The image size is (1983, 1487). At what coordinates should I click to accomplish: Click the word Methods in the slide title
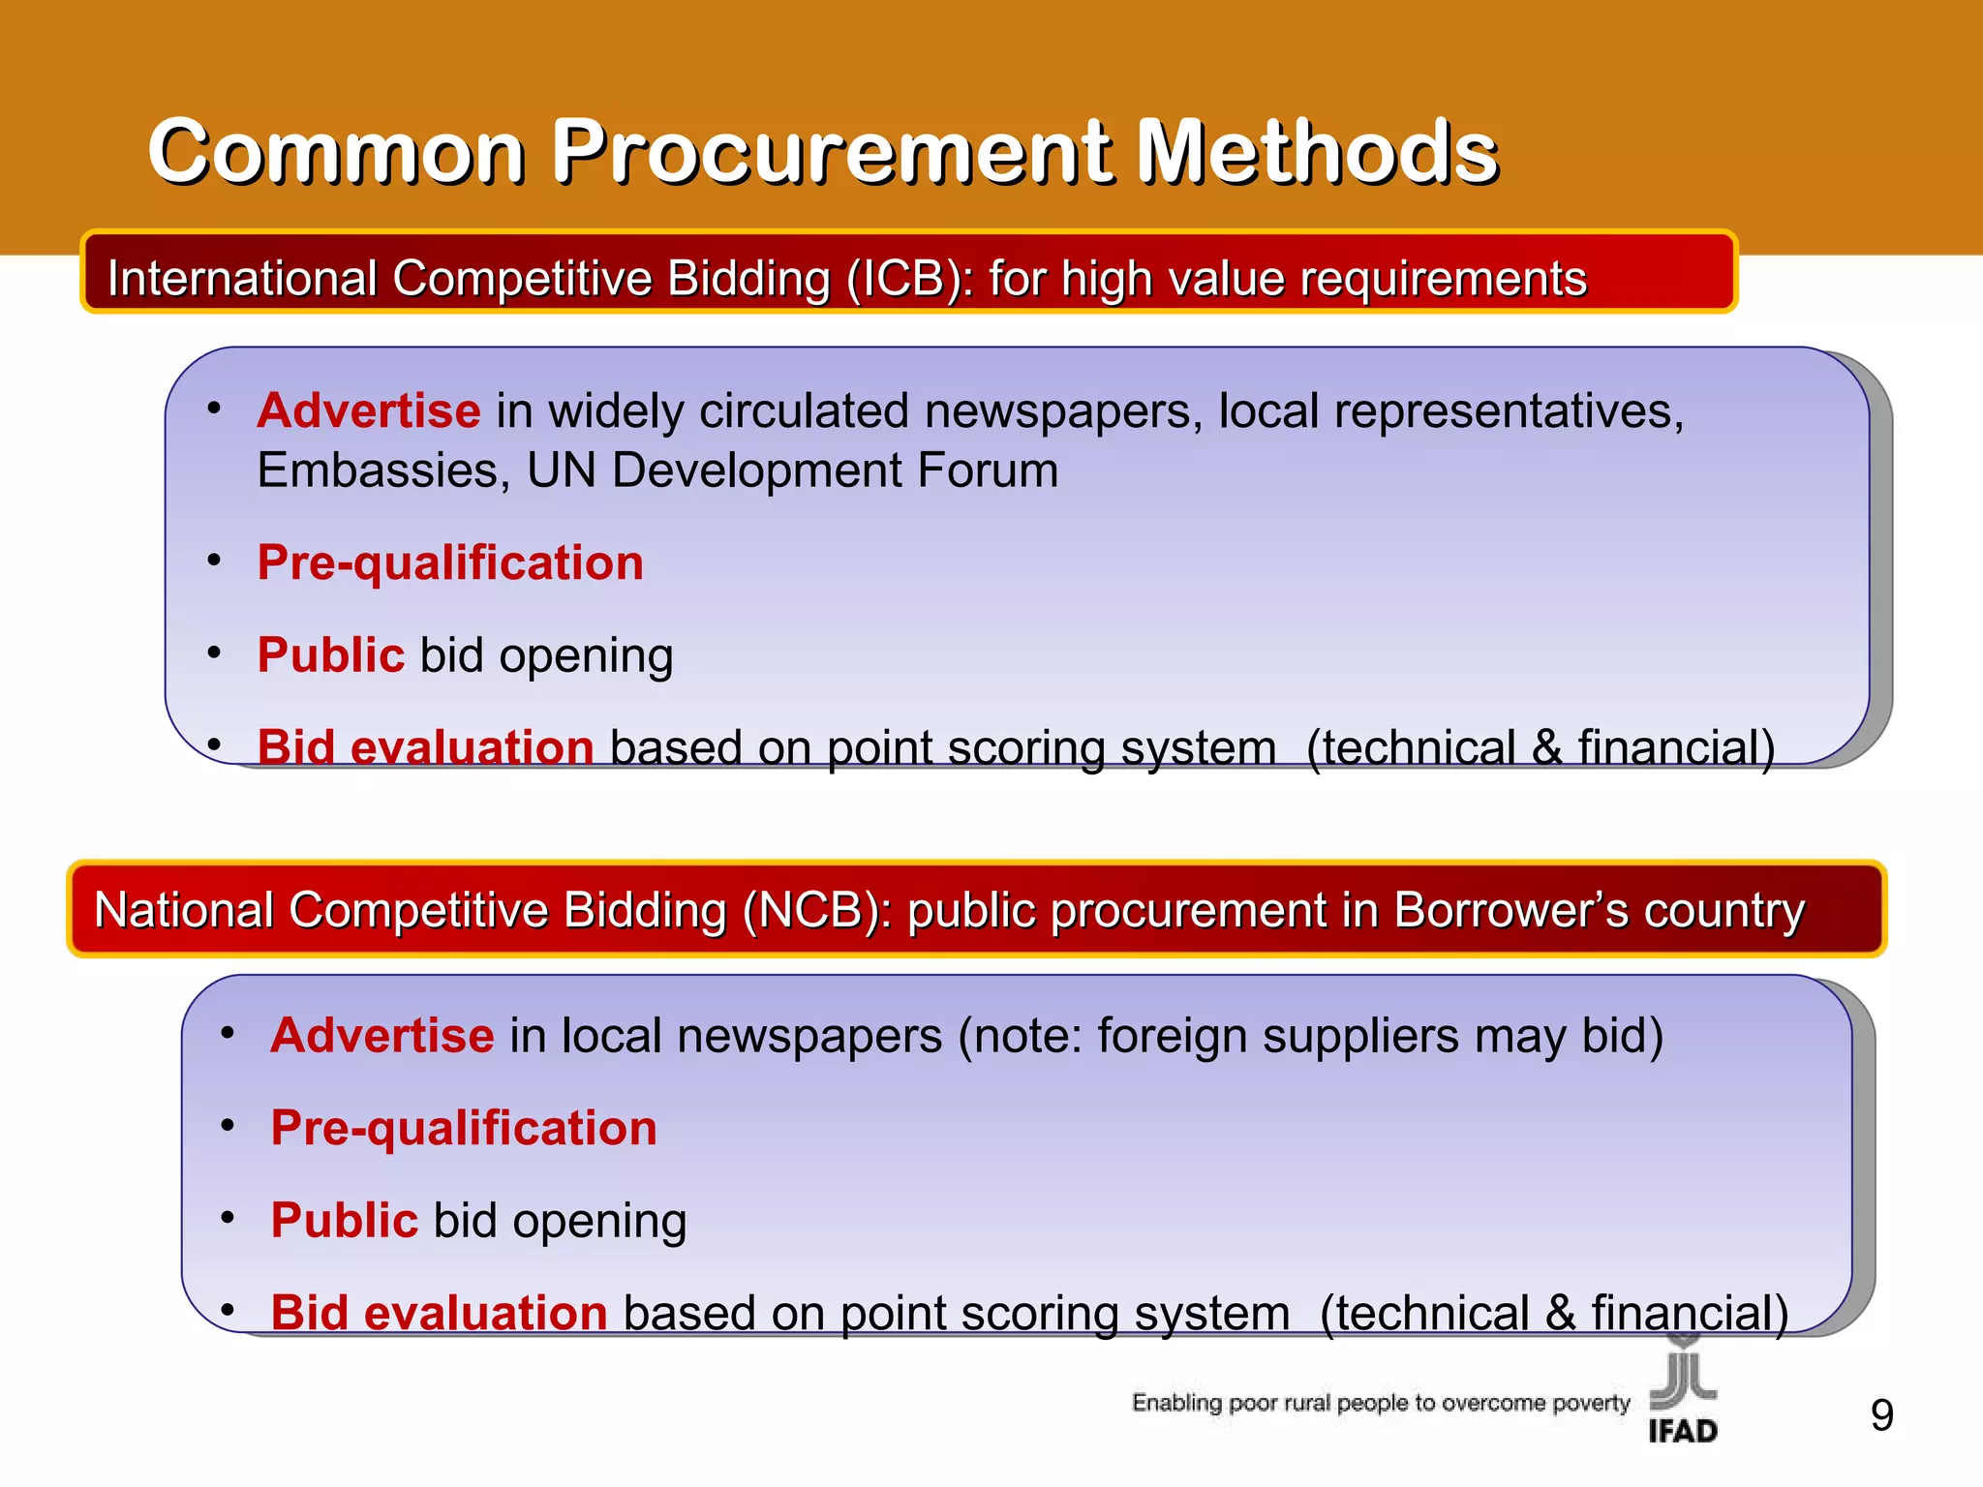1317,152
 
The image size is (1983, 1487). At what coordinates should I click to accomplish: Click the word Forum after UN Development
988,471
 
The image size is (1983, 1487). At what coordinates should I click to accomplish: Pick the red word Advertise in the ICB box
369,411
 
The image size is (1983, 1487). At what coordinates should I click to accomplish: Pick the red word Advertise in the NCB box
382,1036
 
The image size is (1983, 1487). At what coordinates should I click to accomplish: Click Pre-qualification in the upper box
450,563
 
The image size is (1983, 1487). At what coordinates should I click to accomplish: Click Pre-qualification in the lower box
464,1129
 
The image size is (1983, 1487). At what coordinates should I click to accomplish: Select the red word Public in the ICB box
330,655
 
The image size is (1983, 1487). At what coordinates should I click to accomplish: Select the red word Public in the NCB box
344,1221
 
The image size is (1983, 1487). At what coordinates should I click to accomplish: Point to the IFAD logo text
1683,1431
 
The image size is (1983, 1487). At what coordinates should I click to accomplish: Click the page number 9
1881,1416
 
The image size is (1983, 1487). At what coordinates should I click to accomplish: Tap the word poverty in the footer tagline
1591,1403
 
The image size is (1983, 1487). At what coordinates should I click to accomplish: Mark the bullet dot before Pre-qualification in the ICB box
215,560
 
